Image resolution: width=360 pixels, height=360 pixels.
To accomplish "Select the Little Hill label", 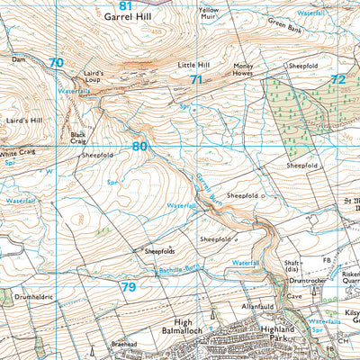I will point(193,65).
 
